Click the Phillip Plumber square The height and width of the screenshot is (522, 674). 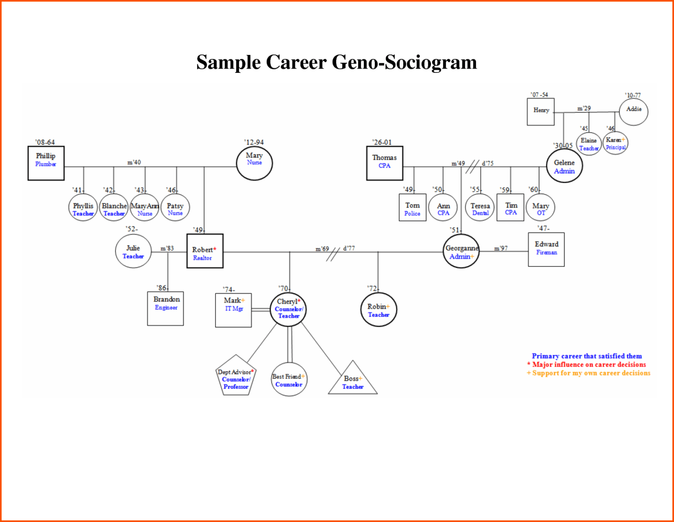point(46,163)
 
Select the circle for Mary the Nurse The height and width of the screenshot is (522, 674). point(255,163)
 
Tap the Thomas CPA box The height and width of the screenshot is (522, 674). point(385,163)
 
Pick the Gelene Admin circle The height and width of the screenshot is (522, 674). point(564,166)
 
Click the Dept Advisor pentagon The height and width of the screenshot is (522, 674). point(236,377)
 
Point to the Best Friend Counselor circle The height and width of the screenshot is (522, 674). point(289,380)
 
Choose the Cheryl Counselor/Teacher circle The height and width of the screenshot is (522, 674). point(288,309)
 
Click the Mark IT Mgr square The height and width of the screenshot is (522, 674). point(233,310)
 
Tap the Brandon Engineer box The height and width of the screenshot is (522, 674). point(165,308)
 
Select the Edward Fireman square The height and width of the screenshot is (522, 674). point(546,249)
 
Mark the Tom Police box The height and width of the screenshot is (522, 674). point(412,208)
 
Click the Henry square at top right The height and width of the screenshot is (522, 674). point(541,112)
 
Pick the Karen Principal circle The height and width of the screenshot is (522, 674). point(615,143)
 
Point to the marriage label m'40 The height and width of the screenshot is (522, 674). point(134,162)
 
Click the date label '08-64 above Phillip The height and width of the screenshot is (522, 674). point(45,142)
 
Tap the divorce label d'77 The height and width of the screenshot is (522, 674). point(349,248)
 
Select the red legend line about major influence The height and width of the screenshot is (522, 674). point(587,364)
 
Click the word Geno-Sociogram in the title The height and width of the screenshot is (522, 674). point(404,62)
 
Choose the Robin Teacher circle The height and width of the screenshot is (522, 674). point(379,310)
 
